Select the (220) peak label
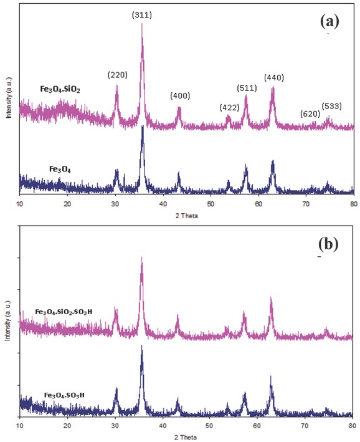coord(117,75)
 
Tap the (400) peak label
coord(180,95)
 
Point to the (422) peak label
coord(229,107)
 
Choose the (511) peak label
coord(247,87)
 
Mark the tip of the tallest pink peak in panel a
coord(143,24)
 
